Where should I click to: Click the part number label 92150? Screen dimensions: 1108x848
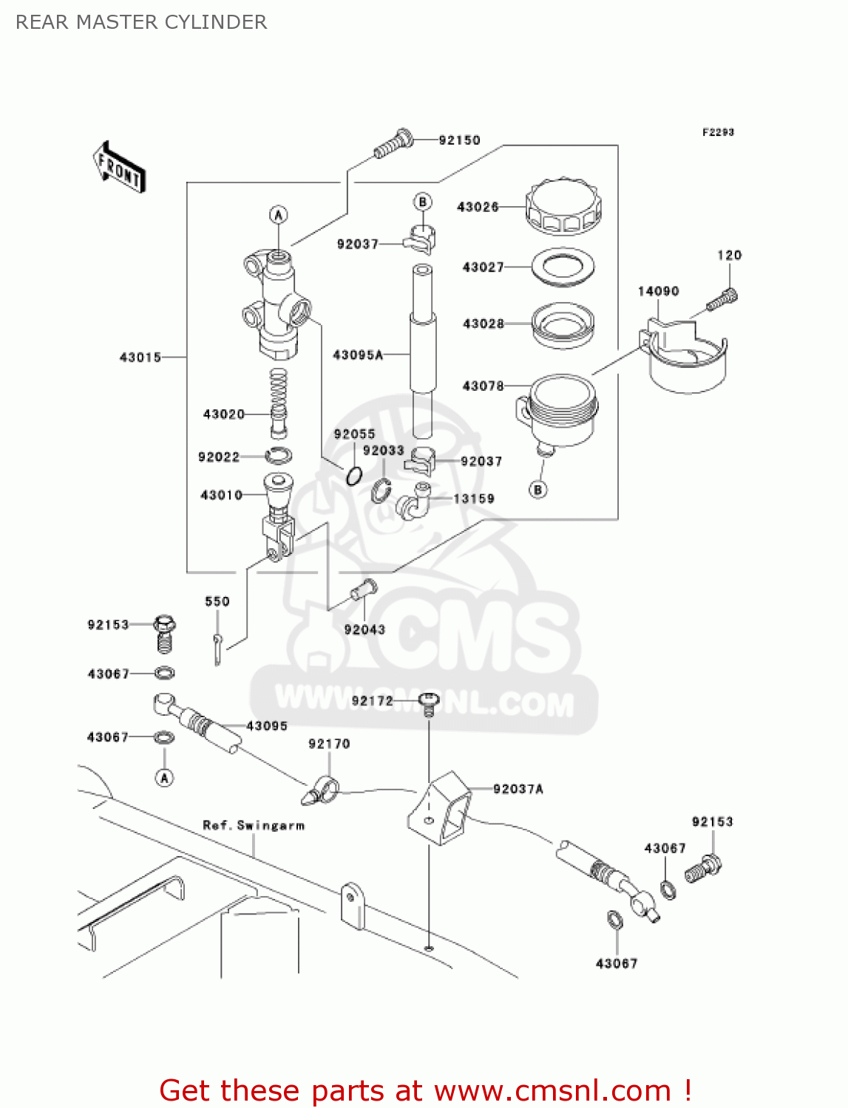459,140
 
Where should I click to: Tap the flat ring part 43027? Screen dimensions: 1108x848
563,267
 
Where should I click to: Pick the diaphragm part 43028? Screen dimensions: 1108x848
563,324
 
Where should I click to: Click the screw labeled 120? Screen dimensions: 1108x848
722,300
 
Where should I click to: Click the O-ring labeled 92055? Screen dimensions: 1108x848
354,476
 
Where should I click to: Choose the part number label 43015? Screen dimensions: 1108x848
140,358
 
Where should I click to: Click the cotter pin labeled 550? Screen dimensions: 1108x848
217,648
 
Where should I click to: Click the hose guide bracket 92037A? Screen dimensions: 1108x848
441,808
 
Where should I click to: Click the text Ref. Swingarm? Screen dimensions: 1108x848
254,825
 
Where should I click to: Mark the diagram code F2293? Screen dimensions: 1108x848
718,132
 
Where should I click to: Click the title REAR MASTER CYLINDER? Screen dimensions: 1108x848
141,22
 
